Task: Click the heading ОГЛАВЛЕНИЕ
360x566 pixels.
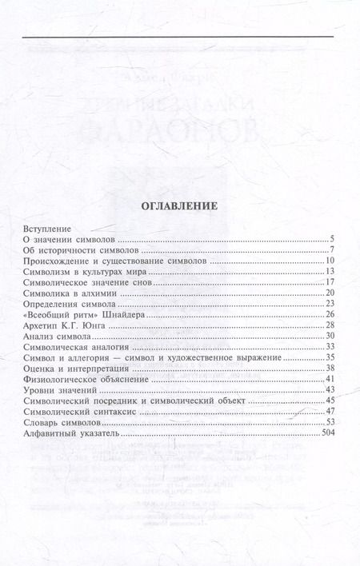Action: [180, 205]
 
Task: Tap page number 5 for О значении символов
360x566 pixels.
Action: [331, 240]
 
